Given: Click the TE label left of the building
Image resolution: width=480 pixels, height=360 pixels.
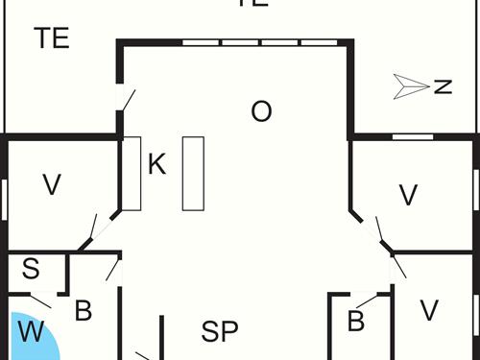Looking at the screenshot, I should (x=52, y=38).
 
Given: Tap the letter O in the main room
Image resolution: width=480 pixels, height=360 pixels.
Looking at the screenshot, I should (x=261, y=111).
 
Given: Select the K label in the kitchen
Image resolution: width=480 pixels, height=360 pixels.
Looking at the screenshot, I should (x=156, y=165).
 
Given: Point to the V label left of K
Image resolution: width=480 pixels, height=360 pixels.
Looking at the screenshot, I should (x=52, y=185).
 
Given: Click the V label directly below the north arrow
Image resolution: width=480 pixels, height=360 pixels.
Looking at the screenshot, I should (x=409, y=195).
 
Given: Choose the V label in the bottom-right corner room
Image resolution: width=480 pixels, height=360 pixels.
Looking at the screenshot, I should (x=429, y=310).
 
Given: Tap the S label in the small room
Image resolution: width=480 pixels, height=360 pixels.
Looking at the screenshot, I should (x=31, y=270).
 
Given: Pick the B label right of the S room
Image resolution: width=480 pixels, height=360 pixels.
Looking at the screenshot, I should (x=84, y=311).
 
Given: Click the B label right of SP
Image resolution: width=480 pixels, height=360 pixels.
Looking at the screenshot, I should (x=356, y=322).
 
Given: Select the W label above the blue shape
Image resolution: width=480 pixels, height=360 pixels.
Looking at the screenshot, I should (x=31, y=333).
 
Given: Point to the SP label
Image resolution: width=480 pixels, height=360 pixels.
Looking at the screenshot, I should (x=219, y=333).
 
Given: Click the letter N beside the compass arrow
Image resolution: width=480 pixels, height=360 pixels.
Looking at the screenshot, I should (x=443, y=86).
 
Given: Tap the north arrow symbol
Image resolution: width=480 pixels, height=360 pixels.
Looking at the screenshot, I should (x=410, y=86).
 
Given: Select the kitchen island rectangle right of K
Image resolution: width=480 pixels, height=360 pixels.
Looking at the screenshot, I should (x=193, y=173).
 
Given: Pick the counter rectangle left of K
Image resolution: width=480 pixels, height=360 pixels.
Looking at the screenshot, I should (x=132, y=173).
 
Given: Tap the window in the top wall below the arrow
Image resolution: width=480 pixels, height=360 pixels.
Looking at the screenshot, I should (x=413, y=137).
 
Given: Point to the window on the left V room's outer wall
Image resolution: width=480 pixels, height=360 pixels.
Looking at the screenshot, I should (x=6, y=199).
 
